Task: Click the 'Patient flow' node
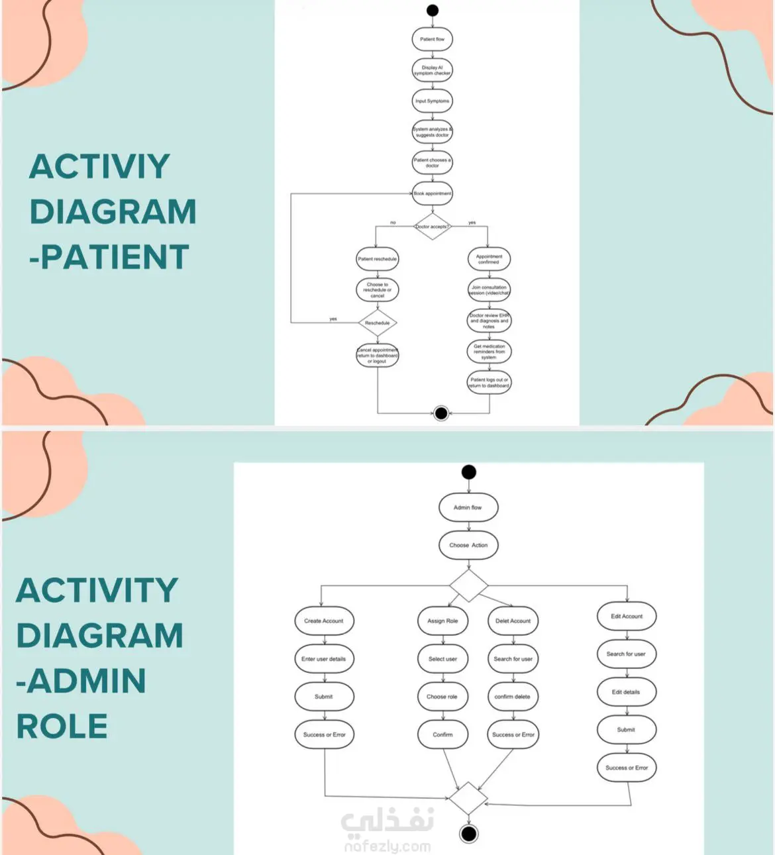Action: click(x=432, y=39)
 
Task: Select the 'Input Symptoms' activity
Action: click(x=432, y=101)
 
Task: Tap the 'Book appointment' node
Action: click(x=432, y=193)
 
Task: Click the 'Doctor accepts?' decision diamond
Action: click(x=432, y=226)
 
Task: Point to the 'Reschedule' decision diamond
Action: click(x=378, y=323)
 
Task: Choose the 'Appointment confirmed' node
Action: click(x=489, y=259)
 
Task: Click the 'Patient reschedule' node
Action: click(x=378, y=259)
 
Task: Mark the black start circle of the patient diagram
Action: click(x=433, y=10)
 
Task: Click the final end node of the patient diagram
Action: click(x=441, y=413)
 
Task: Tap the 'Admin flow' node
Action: click(x=468, y=507)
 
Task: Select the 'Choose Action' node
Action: click(x=468, y=545)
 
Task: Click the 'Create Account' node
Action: click(x=324, y=621)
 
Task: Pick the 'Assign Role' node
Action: click(x=442, y=621)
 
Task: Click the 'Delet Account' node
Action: click(x=513, y=621)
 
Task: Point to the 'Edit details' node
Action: click(x=626, y=692)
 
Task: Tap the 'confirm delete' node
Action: click(x=513, y=697)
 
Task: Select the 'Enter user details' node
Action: click(x=324, y=659)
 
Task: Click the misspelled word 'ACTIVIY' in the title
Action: click(x=99, y=166)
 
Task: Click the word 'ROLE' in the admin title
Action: click(x=62, y=727)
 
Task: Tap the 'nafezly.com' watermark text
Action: click(x=387, y=846)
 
